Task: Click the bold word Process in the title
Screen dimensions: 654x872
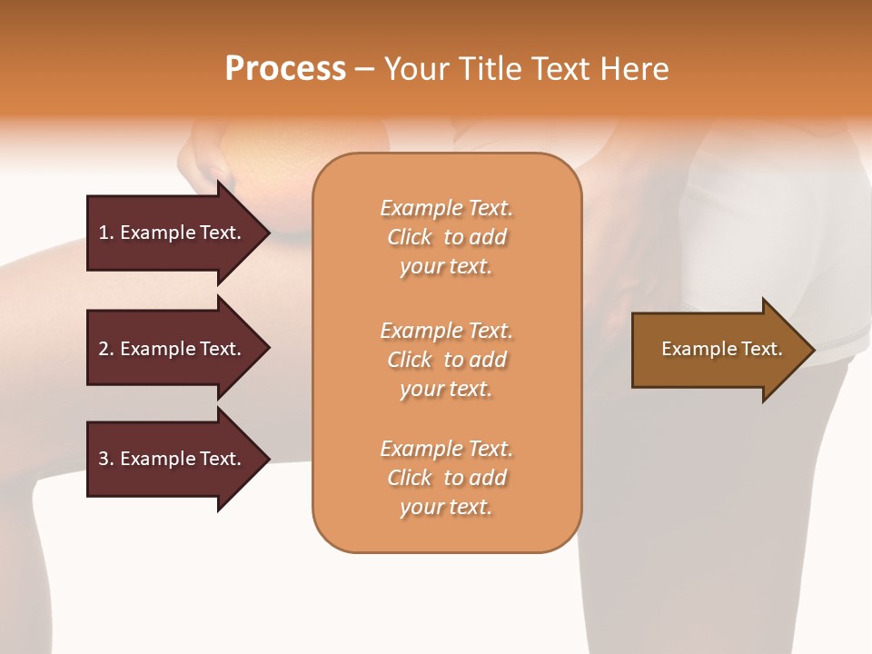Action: [x=285, y=69]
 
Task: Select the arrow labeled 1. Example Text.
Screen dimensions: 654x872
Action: [x=173, y=233]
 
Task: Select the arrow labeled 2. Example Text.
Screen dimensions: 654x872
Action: [x=173, y=349]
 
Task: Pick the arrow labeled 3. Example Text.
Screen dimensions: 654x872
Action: [x=173, y=459]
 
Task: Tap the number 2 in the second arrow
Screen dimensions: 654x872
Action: [x=104, y=349]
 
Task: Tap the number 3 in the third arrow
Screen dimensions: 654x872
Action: [x=104, y=459]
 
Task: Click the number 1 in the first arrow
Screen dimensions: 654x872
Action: [x=103, y=233]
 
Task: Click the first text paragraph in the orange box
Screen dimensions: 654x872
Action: [x=446, y=237]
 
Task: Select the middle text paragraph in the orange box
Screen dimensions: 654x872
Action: [x=446, y=360]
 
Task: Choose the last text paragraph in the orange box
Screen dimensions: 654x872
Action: [x=446, y=478]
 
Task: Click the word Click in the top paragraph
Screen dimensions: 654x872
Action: [x=410, y=237]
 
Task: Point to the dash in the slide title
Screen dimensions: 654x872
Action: [x=364, y=70]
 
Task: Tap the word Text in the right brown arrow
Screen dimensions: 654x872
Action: [x=760, y=349]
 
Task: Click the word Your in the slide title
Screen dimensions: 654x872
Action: [x=413, y=69]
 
